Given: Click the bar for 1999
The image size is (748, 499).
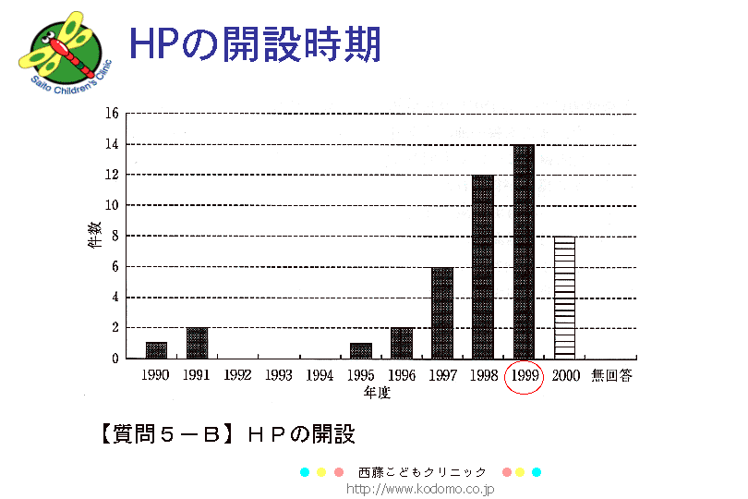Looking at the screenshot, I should (x=524, y=251).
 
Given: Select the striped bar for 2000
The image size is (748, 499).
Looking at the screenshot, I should (x=564, y=298).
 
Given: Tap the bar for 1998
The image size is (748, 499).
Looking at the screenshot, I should (x=483, y=266).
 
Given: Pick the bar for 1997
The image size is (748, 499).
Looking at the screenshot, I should (x=442, y=312).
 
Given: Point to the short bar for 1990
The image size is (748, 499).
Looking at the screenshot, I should (x=157, y=350).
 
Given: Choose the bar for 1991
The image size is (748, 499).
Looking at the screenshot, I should (x=198, y=343).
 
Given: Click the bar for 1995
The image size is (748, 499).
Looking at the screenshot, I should (x=360, y=350).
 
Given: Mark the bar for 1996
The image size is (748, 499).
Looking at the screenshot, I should (x=402, y=343).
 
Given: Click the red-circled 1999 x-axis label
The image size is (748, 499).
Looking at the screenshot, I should (x=524, y=376).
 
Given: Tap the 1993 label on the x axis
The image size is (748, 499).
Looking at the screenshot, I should (x=279, y=376).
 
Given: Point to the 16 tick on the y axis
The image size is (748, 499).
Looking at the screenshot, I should (x=112, y=114).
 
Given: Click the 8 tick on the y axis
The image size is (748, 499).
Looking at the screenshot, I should (x=114, y=237).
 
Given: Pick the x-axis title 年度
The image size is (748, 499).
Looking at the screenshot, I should (x=377, y=393).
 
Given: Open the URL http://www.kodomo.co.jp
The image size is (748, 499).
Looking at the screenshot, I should (x=420, y=488).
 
